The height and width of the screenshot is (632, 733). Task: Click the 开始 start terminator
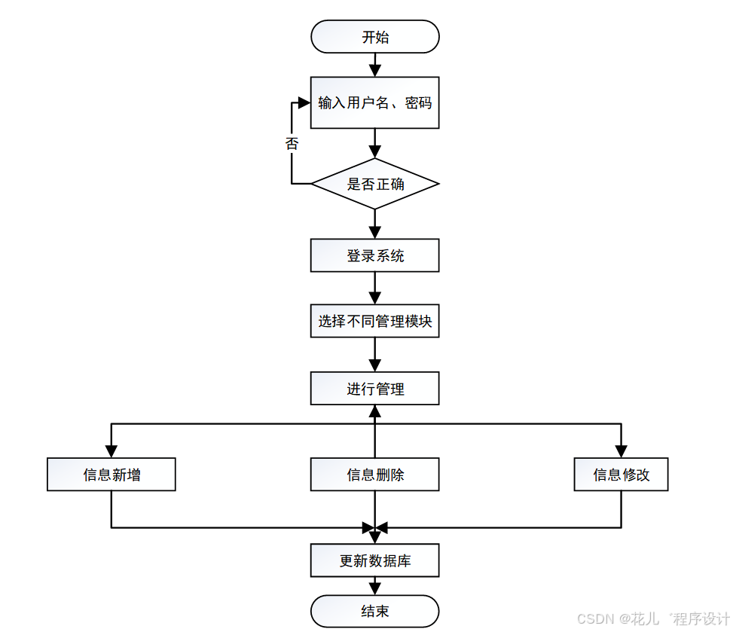[374, 37]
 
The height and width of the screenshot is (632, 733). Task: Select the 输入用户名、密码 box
[374, 102]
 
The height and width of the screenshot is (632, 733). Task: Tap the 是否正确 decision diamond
[374, 184]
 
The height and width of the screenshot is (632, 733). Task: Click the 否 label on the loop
[292, 143]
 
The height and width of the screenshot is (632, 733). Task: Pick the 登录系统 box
[374, 255]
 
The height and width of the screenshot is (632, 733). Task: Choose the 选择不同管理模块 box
[374, 322]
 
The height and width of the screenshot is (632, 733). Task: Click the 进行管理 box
[374, 389]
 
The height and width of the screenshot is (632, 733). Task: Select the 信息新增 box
[111, 475]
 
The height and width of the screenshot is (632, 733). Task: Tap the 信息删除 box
[374, 475]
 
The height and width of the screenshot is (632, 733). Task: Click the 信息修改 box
[621, 475]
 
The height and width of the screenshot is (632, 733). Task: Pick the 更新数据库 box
[374, 561]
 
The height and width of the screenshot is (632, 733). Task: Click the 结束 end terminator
[374, 611]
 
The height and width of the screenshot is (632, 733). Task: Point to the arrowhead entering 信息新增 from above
[111, 452]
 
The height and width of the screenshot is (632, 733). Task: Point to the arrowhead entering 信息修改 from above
[621, 452]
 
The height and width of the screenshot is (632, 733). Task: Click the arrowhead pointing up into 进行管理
[374, 411]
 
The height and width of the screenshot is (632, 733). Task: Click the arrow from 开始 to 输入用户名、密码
[374, 65]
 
